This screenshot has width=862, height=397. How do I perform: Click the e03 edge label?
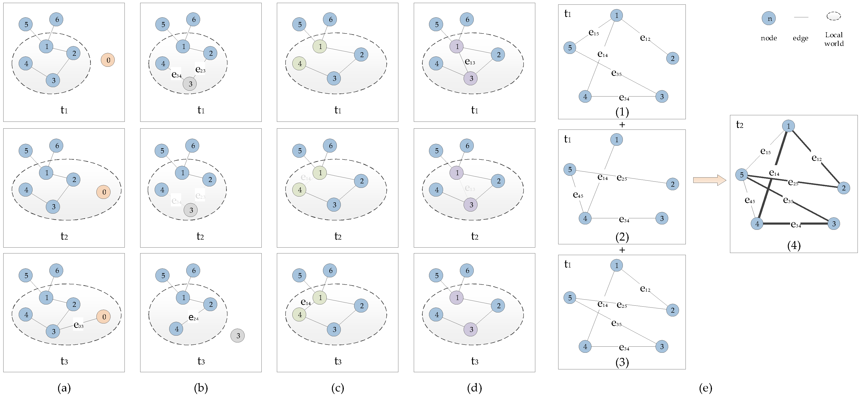[78, 325]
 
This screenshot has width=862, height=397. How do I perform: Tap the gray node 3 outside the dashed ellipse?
[238, 335]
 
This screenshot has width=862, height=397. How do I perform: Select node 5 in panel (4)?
[741, 174]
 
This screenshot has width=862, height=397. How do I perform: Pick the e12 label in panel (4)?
[817, 158]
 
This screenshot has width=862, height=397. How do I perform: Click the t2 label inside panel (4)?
[740, 125]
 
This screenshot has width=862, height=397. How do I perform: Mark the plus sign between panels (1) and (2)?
[622, 125]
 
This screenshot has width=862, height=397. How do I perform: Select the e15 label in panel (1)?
[594, 33]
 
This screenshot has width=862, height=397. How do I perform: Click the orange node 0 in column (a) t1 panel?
[108, 60]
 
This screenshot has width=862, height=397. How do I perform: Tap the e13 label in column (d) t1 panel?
[470, 62]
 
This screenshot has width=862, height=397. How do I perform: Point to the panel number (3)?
[622, 362]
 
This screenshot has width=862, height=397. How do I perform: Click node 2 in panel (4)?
[844, 188]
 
